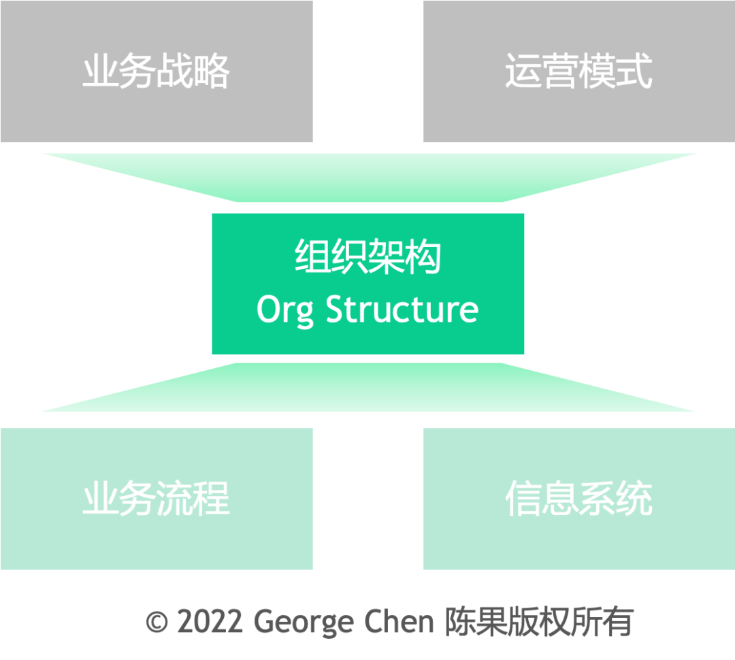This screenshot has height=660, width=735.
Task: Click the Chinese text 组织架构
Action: pos(367,257)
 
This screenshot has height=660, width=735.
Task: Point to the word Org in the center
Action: pos(285,310)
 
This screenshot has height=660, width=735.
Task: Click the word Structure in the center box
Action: pos(402,309)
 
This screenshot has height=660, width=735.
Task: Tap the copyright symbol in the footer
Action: pos(157,622)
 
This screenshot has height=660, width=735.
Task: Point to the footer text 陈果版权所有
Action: pos(539,621)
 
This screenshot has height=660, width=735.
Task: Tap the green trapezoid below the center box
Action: pos(368,387)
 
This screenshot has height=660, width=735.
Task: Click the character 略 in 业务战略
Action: pos(212,71)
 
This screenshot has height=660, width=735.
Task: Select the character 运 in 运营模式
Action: pos(523,71)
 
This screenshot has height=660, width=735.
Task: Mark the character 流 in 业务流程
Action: pos(175,499)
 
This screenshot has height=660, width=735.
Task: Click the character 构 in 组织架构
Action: pos(423,257)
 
